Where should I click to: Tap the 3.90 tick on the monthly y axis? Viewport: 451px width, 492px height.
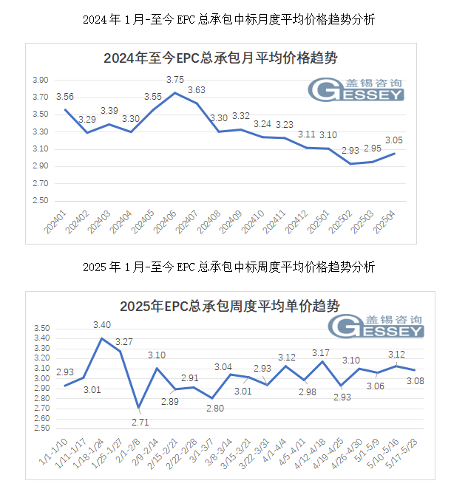(x=41, y=80)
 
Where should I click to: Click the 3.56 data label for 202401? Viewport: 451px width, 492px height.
(x=65, y=97)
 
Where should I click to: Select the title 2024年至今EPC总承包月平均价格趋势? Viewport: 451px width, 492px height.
(x=220, y=58)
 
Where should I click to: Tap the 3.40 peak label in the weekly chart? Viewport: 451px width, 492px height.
(x=103, y=324)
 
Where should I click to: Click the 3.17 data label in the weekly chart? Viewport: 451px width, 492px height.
(x=321, y=352)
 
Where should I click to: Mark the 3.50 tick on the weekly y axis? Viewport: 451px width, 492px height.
(x=41, y=329)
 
